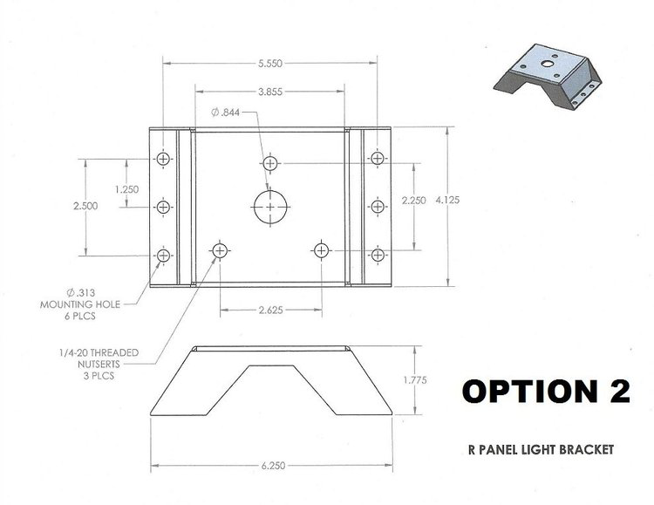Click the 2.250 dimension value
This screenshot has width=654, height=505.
click(x=414, y=201)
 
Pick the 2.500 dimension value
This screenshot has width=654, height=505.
click(x=86, y=206)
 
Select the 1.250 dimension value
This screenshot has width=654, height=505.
click(x=127, y=188)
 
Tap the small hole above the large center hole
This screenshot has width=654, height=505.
click(x=270, y=163)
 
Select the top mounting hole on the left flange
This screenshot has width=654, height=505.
click(x=163, y=159)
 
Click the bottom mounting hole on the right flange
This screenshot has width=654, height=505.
click(x=377, y=255)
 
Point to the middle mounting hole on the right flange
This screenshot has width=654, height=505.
click(x=377, y=206)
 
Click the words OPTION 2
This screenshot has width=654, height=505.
click(x=545, y=392)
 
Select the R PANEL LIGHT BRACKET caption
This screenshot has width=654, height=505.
click(x=541, y=450)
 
